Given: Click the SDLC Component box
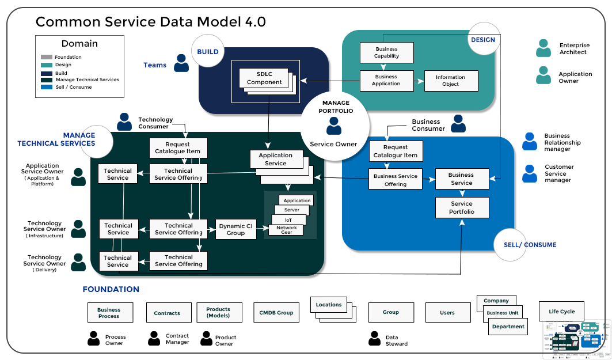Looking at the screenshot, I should click(264, 78).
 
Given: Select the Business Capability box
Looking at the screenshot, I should click(386, 52).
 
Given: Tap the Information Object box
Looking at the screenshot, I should click(450, 81).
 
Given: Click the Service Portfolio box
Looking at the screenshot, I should click(462, 207).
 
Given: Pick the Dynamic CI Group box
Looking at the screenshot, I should click(235, 229).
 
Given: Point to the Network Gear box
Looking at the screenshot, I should click(287, 229).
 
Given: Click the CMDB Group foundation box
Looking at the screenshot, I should click(277, 313).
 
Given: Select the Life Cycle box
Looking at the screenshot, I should click(561, 312).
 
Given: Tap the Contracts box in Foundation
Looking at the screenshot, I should click(167, 313).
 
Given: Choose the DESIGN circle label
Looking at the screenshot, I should click(483, 39).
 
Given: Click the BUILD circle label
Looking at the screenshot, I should click(207, 51).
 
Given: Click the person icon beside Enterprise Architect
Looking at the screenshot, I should click(543, 48).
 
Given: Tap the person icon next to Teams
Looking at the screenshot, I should click(181, 63).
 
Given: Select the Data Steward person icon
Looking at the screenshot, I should click(374, 339).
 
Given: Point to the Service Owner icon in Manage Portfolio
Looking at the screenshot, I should click(334, 126).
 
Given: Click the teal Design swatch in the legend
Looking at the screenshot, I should click(47, 65).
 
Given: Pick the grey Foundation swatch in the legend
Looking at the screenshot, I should click(47, 57).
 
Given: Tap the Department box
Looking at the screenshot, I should click(508, 327).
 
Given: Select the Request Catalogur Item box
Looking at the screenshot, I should click(396, 151).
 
